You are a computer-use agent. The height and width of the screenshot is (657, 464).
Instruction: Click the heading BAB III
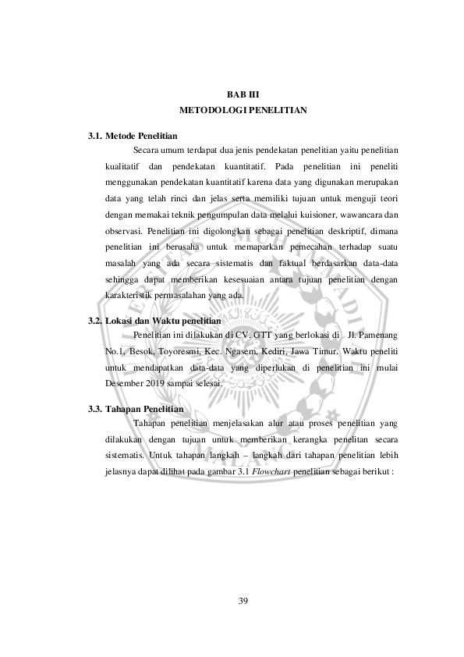click(243, 95)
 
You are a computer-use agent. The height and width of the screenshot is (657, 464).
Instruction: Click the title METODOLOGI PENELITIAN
click(243, 110)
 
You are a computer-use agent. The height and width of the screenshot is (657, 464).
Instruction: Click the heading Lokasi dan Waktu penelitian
click(163, 321)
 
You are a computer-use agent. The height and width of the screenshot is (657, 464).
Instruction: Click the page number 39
click(243, 599)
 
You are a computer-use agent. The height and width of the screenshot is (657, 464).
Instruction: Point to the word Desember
click(126, 384)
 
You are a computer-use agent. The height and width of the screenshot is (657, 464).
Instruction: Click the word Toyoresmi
click(181, 350)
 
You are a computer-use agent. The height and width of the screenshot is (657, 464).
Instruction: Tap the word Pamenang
click(377, 336)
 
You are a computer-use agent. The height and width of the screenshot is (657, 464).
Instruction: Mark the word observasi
click(123, 232)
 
